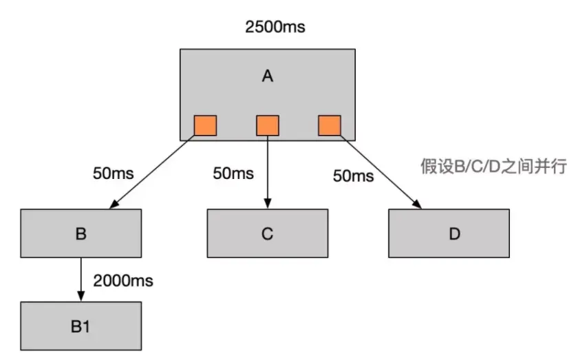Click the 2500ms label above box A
(275, 28)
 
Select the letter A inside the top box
(268, 76)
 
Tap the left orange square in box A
(205, 125)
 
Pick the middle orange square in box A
(267, 125)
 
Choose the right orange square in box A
(329, 125)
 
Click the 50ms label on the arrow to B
(113, 171)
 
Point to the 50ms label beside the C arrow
(233, 173)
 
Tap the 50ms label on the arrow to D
(353, 176)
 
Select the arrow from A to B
(153, 172)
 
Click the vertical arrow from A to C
(267, 172)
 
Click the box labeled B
(81, 233)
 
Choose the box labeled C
(268, 233)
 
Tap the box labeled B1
(81, 326)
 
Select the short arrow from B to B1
(81, 279)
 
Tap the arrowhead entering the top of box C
(267, 204)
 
